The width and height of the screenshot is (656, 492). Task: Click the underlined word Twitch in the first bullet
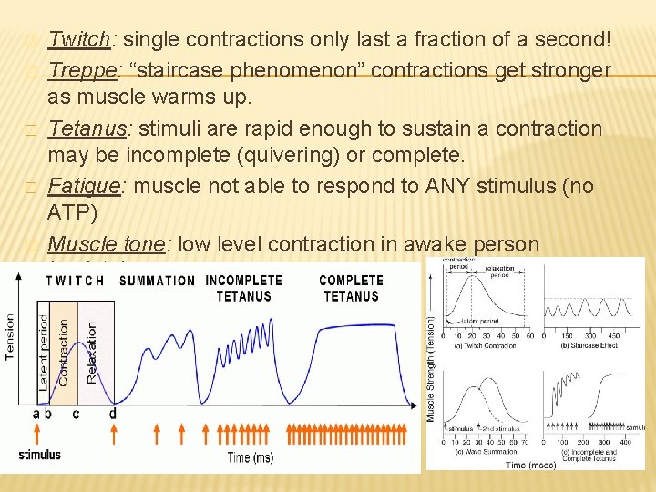click(78, 39)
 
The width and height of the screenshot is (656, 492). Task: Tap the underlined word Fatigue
click(84, 186)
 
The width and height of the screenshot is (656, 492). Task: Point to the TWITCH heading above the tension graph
click(75, 280)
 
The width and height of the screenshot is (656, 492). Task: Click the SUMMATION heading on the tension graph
click(157, 280)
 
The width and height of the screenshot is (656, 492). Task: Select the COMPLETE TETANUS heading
click(350, 288)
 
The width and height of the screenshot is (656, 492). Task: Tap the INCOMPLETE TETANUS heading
click(243, 288)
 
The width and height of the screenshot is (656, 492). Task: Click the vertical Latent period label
click(44, 353)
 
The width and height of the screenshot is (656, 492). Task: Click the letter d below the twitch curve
click(112, 414)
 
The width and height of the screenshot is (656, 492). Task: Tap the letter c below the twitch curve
click(76, 414)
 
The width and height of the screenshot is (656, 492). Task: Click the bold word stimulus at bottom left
click(40, 454)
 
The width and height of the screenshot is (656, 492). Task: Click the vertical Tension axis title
click(11, 337)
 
